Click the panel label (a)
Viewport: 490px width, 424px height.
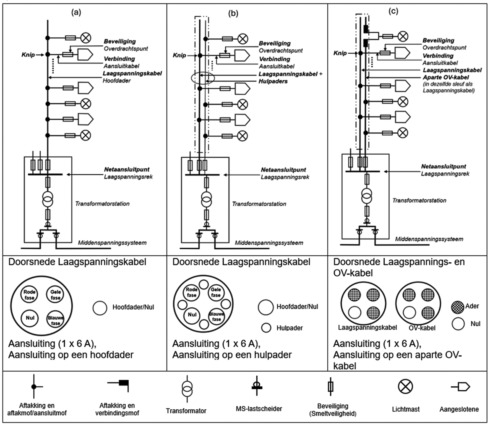tap(76, 12)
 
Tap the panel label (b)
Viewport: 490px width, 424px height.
tap(233, 14)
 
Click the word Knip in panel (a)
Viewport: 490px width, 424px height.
tap(28, 54)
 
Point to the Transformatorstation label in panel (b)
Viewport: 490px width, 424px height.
tap(259, 204)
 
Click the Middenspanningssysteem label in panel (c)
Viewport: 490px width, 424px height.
tap(429, 239)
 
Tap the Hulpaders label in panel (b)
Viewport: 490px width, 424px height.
tap(273, 81)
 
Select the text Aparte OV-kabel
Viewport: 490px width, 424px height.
tap(445, 77)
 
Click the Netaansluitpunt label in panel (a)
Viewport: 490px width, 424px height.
tap(127, 169)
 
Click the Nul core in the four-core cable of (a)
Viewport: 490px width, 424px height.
tap(30, 318)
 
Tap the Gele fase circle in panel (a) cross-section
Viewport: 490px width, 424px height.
tap(55, 295)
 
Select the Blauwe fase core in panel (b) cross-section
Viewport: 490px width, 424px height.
tap(216, 317)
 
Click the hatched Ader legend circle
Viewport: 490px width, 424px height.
tap(457, 306)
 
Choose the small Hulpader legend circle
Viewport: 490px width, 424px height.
tap(266, 328)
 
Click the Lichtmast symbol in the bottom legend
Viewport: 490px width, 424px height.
tap(405, 386)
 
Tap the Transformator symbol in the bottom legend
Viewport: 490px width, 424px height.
tap(187, 389)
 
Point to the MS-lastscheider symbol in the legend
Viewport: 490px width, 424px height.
tap(257, 386)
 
